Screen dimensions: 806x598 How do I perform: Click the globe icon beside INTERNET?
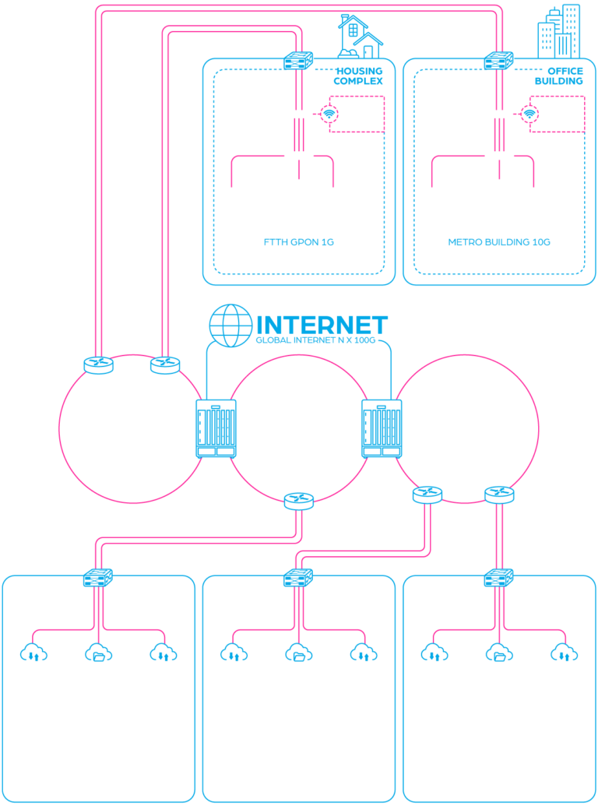click(231, 325)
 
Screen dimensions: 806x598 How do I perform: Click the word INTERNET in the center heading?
click(322, 325)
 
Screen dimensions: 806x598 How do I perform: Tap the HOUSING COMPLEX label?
click(358, 76)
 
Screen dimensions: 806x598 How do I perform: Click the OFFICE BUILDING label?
click(559, 76)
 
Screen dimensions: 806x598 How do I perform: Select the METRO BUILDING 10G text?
click(499, 242)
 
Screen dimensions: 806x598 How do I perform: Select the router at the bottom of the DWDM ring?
click(299, 500)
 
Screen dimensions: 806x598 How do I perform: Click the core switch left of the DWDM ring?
click(216, 428)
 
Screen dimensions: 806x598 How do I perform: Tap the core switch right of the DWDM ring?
click(381, 428)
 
